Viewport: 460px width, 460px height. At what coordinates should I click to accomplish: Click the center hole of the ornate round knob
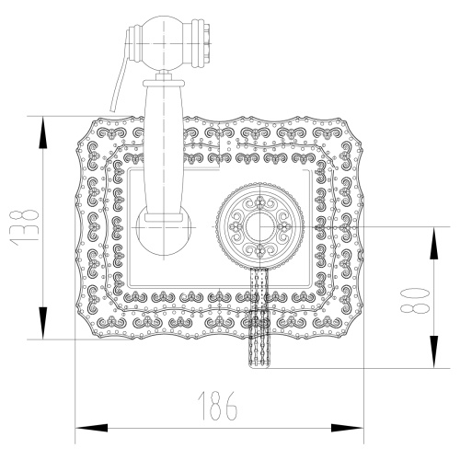261,225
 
